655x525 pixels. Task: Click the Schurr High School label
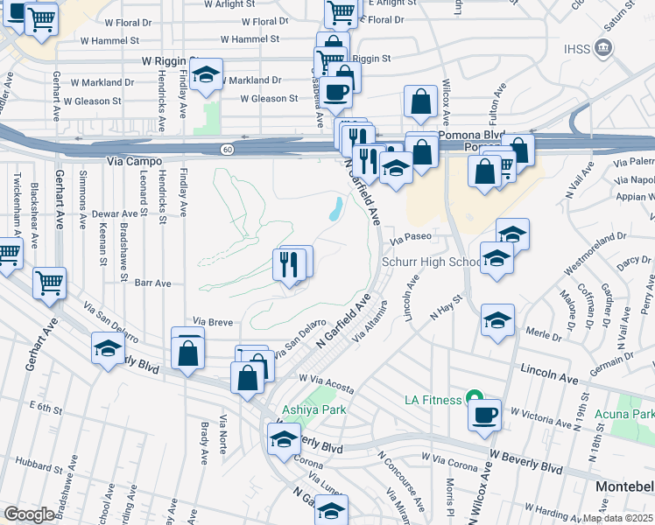click(432, 262)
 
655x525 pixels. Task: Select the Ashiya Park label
click(314, 409)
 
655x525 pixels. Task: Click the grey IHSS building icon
click(602, 46)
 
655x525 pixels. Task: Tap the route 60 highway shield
click(227, 150)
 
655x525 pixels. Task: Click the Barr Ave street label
click(152, 283)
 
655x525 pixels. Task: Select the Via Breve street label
click(212, 321)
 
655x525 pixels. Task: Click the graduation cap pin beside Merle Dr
click(497, 320)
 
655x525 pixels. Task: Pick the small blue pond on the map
click(335, 209)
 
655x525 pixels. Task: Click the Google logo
click(30, 514)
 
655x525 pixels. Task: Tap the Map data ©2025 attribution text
click(618, 518)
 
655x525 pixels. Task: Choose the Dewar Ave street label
click(117, 213)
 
